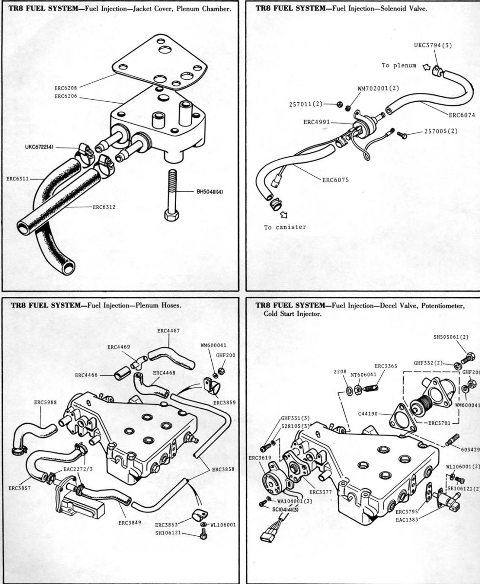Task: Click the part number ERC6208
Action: pos(66,89)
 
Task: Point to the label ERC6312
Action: pos(104,207)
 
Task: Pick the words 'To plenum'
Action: pos(399,66)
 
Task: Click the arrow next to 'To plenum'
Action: pos(427,67)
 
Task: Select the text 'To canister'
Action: pos(285,227)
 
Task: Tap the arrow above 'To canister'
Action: pos(283,215)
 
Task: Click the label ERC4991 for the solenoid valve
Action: pos(316,122)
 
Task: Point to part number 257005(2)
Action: pos(441,131)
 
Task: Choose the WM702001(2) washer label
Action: pos(378,89)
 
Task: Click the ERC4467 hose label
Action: pos(168,330)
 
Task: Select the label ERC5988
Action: pos(45,402)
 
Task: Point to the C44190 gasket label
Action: pos(368,414)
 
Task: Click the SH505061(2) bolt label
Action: pos(451,337)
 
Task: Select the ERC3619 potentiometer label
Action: pos(260,458)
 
